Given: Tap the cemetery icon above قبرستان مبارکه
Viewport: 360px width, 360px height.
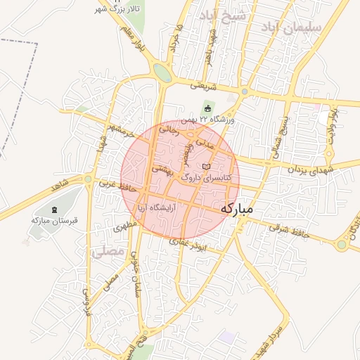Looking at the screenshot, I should pos(55,209).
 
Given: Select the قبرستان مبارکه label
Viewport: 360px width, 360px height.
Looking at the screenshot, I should pos(49,220).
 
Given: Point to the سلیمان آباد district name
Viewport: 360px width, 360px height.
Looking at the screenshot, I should pos(290,27).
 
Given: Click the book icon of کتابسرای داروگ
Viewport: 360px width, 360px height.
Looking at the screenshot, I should pos(205,167).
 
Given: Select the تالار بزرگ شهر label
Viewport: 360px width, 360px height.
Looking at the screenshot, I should pos(119,8).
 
